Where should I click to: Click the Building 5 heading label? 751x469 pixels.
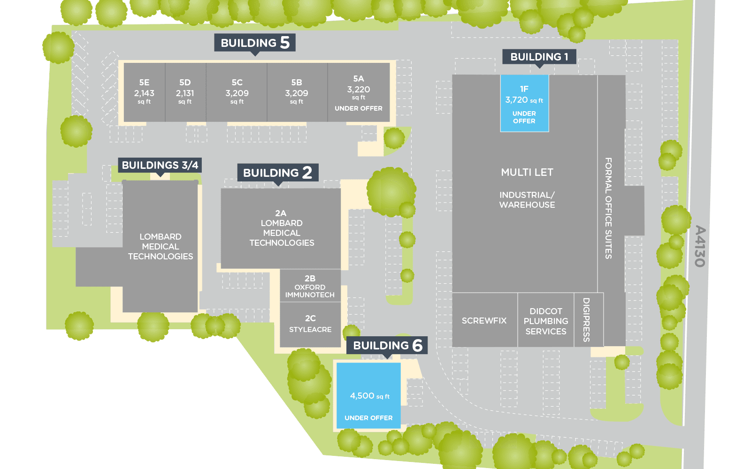255,43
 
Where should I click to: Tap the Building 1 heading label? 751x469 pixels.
539,57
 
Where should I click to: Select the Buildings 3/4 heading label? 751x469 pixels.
160,165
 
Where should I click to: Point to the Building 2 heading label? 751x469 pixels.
277,173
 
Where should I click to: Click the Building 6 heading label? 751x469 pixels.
387,346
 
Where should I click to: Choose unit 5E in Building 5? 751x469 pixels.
144,91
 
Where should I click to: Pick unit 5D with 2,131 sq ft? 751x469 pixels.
185,91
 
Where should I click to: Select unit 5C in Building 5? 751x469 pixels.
237,91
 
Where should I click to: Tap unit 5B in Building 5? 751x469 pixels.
297,91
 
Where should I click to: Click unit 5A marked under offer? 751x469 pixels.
359,92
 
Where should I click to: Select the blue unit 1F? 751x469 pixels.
524,104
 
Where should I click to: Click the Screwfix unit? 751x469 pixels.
484,321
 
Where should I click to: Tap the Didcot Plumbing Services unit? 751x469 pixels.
546,321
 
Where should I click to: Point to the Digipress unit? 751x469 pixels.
586,320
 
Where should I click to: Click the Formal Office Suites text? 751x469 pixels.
608,208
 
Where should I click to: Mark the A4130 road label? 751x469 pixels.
700,246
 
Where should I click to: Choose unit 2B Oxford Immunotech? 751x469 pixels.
310,286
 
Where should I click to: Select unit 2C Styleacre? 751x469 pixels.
310,324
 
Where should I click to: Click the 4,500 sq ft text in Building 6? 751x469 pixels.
369,396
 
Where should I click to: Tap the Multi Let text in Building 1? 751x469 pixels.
527,172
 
